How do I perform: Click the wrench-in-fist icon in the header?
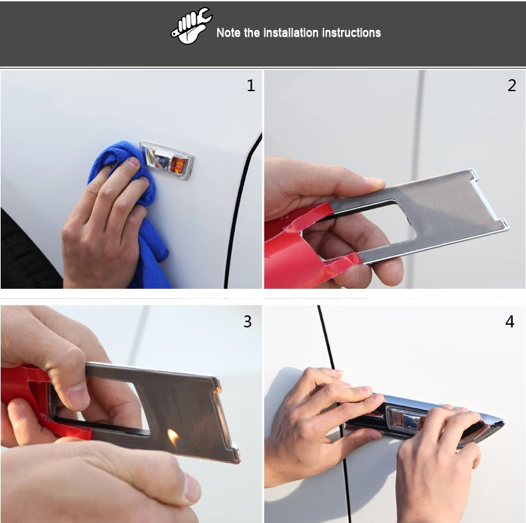click(191, 26)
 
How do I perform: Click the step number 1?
click(251, 85)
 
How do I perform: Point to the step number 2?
click(511, 85)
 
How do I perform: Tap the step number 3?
click(247, 321)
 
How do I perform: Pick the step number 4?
click(509, 321)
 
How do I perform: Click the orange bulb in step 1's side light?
click(178, 164)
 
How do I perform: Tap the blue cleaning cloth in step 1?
click(134, 201)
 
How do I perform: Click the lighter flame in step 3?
click(173, 437)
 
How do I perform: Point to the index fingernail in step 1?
click(134, 162)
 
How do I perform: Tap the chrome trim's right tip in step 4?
click(503, 423)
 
